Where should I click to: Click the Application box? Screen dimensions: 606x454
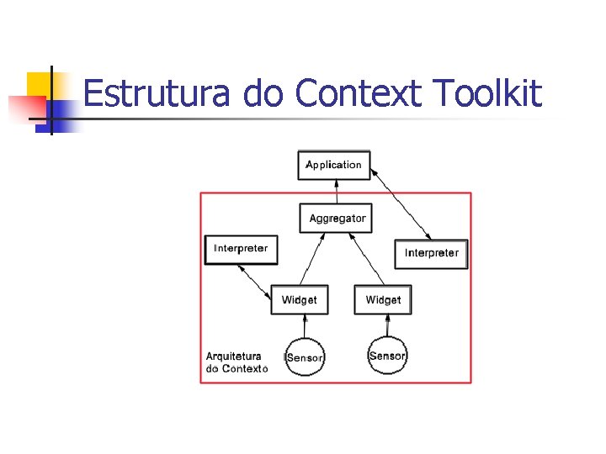[x=334, y=165]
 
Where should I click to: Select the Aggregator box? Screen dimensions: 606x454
[x=337, y=219]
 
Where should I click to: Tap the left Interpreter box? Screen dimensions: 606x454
[x=241, y=249]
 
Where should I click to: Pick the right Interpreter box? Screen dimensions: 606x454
[x=431, y=253]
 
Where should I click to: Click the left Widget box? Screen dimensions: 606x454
[x=300, y=300]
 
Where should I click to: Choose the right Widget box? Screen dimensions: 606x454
[x=384, y=300]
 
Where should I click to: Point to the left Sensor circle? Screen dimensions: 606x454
[x=305, y=357]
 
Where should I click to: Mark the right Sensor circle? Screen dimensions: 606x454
[x=387, y=356]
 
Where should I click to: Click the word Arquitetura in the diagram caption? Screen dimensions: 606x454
[x=234, y=356]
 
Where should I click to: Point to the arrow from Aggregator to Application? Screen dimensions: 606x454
[x=337, y=192]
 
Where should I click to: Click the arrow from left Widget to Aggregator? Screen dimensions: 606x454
[x=312, y=260]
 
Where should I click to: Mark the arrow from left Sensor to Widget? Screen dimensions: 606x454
[x=304, y=325]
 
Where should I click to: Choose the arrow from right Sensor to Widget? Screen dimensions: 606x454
[x=387, y=325]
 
